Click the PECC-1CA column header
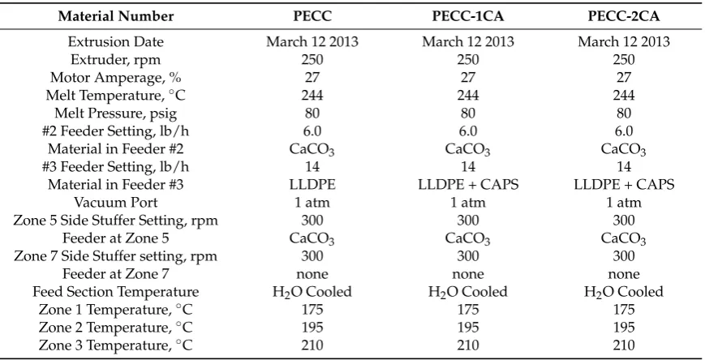pos(467,17)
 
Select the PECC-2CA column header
pos(624,17)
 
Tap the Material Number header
pos(115,17)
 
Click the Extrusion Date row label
pos(115,42)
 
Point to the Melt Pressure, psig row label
pos(115,114)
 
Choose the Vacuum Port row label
pos(115,202)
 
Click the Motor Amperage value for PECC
pos(312,77)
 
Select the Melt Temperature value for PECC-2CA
pos(624,96)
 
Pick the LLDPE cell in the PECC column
pos(312,184)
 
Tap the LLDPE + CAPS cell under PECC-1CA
pos(467,184)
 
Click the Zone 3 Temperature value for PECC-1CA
pos(467,345)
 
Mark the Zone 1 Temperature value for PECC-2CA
pos(624,310)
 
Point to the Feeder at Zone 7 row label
pos(115,274)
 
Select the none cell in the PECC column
pos(312,274)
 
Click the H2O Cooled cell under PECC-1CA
pos(467,292)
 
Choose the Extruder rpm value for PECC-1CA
pos(467,60)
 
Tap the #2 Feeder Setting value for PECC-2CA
pos(624,131)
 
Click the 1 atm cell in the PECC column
pos(312,202)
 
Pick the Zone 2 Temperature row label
pos(115,328)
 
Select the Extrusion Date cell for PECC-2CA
pos(624,42)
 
